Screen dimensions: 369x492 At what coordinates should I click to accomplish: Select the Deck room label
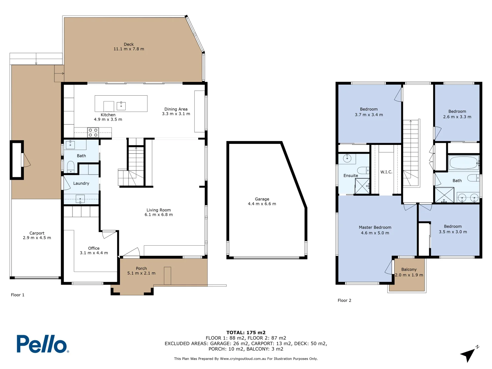pos(129,44)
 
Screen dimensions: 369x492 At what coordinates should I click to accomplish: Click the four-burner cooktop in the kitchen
pos(93,133)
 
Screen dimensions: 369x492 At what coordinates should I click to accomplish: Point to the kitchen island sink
pos(121,106)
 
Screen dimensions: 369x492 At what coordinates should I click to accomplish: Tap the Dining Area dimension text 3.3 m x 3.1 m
pos(176,114)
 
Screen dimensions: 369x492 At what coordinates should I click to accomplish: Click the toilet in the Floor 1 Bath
pos(71,167)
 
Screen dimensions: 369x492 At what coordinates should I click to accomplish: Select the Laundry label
pos(81,183)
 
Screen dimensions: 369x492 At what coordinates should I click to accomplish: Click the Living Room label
pos(159,210)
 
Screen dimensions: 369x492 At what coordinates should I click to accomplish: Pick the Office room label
pos(94,248)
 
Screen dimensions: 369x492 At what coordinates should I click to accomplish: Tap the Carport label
pos(37,233)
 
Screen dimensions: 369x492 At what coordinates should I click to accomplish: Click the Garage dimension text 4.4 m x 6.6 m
pos(262,204)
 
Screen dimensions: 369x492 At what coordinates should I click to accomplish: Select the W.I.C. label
pos(386,172)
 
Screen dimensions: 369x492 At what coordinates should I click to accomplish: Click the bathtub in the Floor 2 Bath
pos(463,163)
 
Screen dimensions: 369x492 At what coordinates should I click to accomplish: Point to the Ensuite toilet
pos(363,170)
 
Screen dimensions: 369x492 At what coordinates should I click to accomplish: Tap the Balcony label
pos(409,270)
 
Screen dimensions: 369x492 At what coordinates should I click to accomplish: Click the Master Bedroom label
pos(375,228)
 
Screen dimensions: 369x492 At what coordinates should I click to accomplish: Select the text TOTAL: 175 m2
pos(246,332)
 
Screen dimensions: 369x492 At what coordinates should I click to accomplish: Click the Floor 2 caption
pos(344,301)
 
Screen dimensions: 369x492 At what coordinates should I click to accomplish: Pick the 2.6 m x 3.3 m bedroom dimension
pos(457,117)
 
